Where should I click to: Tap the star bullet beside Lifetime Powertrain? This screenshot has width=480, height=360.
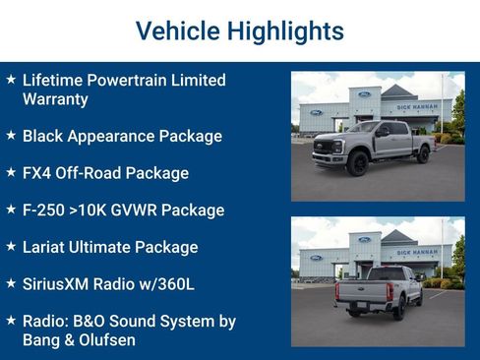pyautogui.click(x=10, y=79)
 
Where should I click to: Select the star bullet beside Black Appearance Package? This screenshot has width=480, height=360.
pyautogui.click(x=10, y=136)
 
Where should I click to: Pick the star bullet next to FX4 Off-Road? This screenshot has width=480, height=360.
pyautogui.click(x=10, y=173)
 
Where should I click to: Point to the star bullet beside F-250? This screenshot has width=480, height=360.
pyautogui.click(x=10, y=210)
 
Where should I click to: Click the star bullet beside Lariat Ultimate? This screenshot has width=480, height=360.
pyautogui.click(x=10, y=247)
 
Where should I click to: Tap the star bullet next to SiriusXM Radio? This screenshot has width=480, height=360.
pyautogui.click(x=10, y=283)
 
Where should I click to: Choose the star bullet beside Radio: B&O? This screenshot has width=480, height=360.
pyautogui.click(x=10, y=321)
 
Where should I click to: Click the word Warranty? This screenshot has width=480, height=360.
pyautogui.click(x=54, y=99)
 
